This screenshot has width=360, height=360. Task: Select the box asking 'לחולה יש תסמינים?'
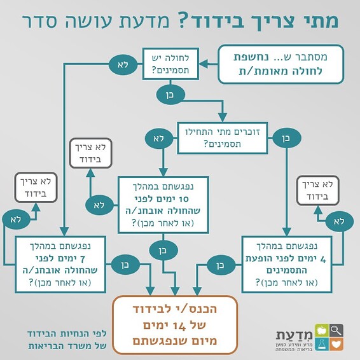click(169, 64)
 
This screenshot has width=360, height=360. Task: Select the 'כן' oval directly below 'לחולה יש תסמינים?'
click(170, 95)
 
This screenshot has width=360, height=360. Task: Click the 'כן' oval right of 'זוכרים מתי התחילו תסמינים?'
click(285, 137)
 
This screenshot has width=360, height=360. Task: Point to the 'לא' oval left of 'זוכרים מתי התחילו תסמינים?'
click(158, 137)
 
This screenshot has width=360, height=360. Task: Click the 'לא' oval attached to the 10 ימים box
click(99, 205)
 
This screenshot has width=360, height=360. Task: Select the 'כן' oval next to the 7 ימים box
click(123, 263)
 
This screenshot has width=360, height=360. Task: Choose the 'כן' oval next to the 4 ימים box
click(220, 263)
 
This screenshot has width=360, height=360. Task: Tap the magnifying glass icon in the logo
click(336, 330)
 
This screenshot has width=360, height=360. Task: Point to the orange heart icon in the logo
click(336, 345)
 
